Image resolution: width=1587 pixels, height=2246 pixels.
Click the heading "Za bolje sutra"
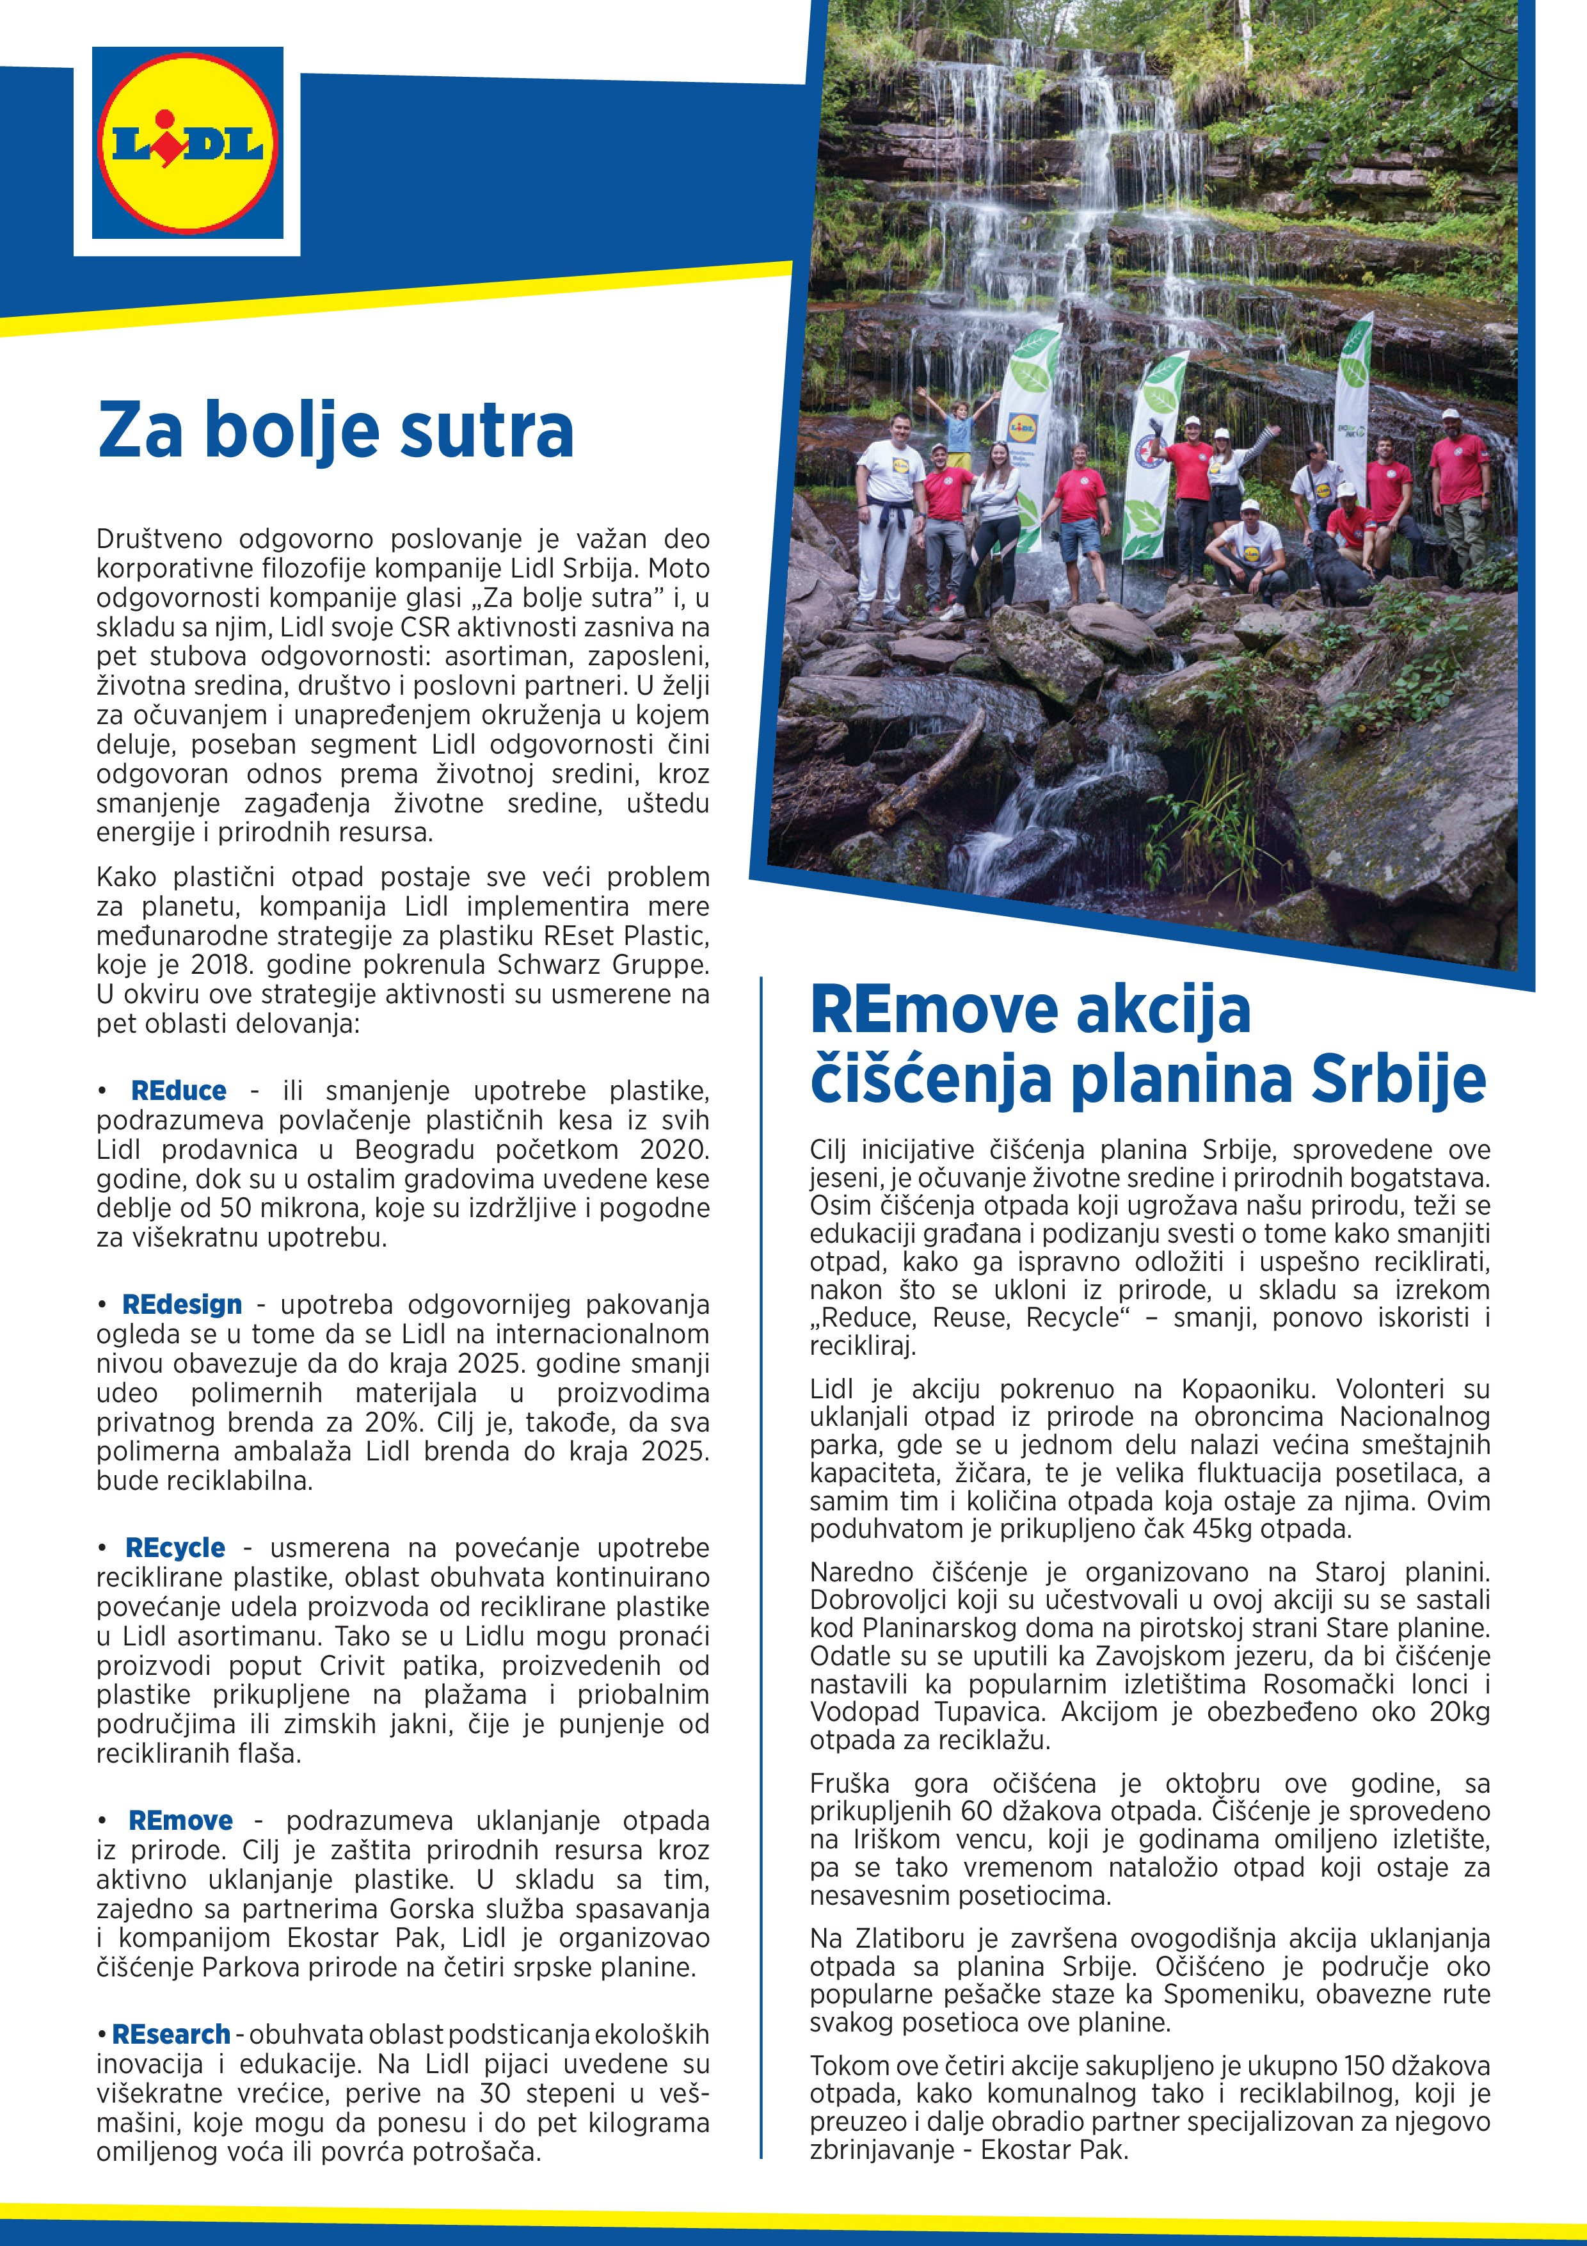coord(335,430)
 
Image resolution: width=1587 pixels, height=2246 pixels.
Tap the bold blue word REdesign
coord(182,1305)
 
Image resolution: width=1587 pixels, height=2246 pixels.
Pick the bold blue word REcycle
coord(175,1549)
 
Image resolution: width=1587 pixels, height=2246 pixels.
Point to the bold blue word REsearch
coord(171,2035)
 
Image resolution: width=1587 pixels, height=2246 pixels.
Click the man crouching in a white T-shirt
coord(1248,549)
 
